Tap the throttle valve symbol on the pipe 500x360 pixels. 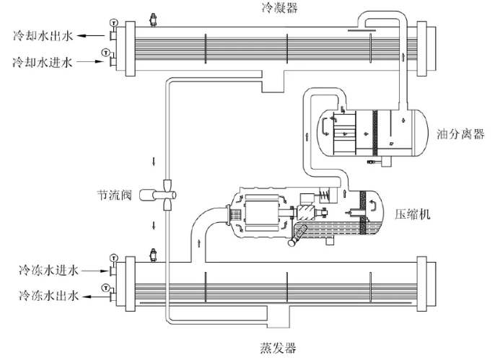pyautogui.click(x=166, y=194)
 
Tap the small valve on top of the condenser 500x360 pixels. pyautogui.click(x=151, y=15)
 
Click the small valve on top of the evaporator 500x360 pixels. pyautogui.click(x=151, y=253)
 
